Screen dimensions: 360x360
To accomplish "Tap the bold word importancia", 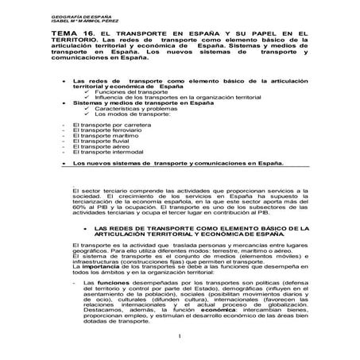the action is (101, 267).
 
